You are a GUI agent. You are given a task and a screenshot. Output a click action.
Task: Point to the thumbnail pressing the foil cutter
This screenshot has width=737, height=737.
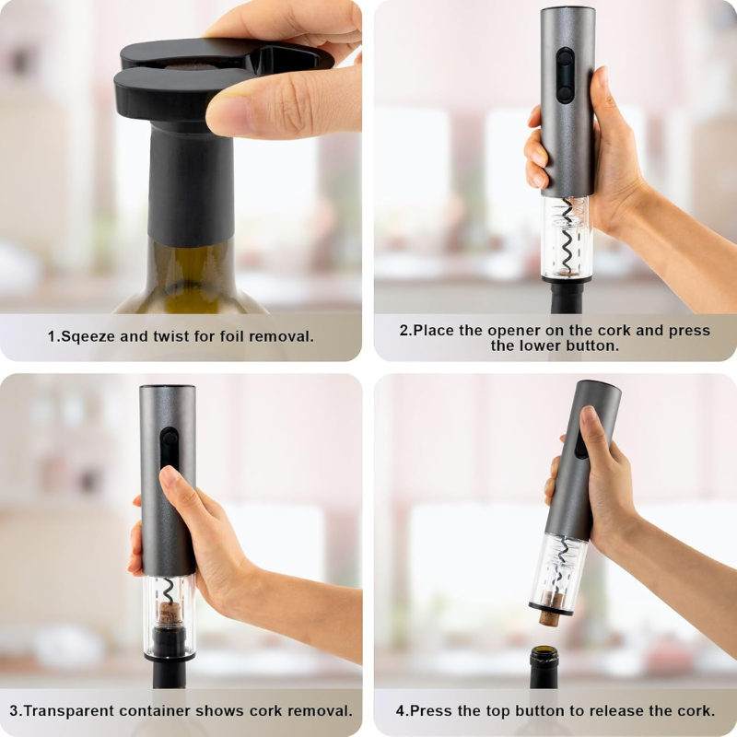point(229,117)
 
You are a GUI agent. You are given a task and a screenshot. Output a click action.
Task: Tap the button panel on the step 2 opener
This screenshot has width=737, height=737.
point(565,75)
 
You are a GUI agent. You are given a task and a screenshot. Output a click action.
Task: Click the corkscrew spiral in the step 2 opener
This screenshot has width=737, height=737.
point(567,238)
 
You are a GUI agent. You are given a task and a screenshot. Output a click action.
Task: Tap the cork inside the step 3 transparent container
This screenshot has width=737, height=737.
point(169,614)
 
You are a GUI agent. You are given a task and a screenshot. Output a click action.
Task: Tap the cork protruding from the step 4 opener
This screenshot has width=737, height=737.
point(549,614)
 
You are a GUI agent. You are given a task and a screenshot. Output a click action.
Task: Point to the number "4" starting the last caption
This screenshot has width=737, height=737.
point(401,711)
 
